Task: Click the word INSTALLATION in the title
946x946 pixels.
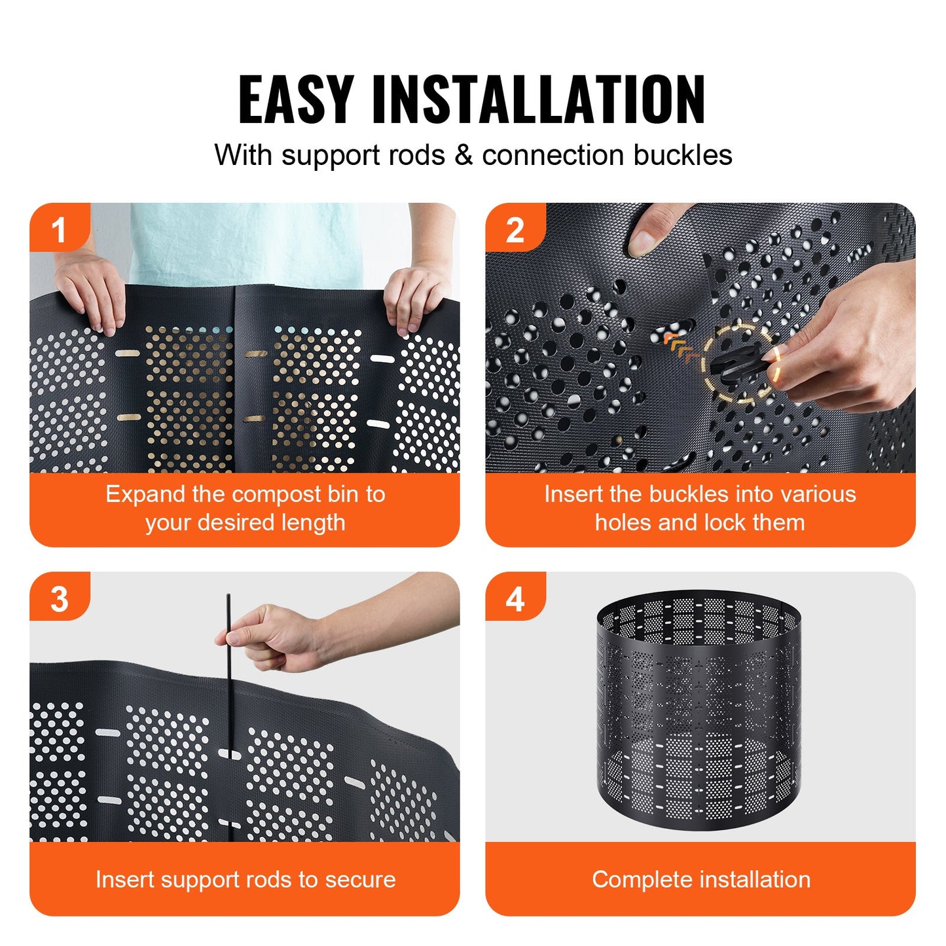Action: coord(538,100)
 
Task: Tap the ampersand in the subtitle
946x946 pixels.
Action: coord(464,156)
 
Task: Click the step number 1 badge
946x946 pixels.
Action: coord(59,229)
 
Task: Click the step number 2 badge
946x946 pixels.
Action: coord(515,229)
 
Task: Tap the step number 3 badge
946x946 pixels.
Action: coord(59,598)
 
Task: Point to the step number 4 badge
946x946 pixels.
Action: coord(515,598)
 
